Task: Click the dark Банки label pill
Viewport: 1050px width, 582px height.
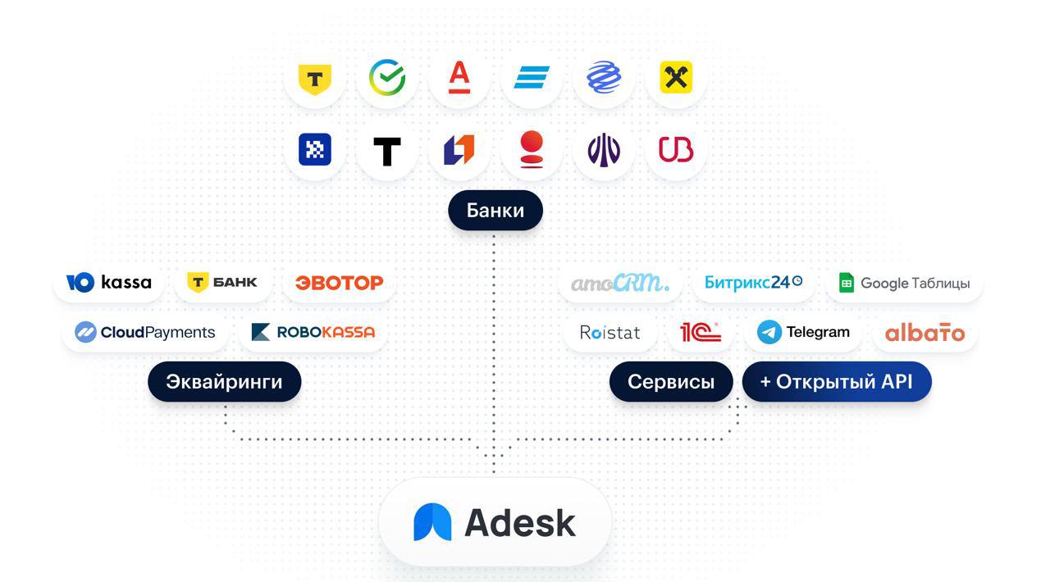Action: coord(495,211)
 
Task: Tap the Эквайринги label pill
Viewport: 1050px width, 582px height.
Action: coord(224,382)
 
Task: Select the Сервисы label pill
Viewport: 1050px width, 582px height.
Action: coord(670,382)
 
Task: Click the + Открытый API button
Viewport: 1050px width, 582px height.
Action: coord(836,382)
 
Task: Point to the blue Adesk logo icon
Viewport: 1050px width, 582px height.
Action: coord(432,522)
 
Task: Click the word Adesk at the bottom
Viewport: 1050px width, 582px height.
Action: coord(520,522)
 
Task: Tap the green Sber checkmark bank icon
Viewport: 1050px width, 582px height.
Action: coord(387,78)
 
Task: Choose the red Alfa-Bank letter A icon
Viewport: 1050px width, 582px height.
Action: coord(459,78)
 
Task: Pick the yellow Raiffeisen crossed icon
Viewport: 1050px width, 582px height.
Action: coord(676,78)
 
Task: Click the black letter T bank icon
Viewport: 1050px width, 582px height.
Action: coord(387,151)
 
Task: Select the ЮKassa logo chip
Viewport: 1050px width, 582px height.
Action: coord(109,283)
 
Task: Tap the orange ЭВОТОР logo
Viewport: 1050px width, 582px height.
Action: coord(339,283)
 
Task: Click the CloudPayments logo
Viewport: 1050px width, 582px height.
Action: coord(145,332)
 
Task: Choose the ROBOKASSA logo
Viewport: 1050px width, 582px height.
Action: coord(313,332)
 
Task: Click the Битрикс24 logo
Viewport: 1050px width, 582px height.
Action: coord(753,283)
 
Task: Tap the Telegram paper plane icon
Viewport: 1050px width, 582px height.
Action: coord(769,332)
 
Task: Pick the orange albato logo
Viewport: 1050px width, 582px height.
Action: coord(924,333)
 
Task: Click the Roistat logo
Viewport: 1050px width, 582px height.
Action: coord(609,333)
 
